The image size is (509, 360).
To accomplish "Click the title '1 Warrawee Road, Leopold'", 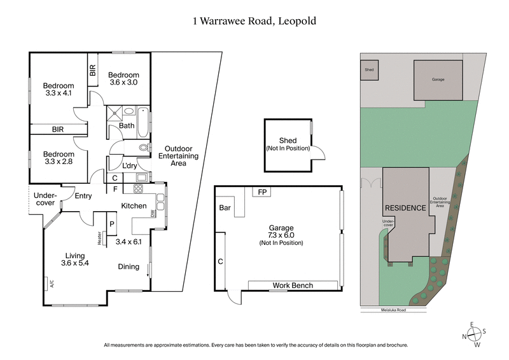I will (x=254, y=21).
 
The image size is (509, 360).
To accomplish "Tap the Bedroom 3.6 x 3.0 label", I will (x=123, y=79).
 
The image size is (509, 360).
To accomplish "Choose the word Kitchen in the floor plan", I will (x=134, y=206).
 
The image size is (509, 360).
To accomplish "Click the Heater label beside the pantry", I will (x=100, y=237).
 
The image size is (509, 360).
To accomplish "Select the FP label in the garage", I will (x=261, y=191).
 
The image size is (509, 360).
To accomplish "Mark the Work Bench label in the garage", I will (x=293, y=286).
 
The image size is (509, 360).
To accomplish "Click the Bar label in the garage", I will (x=225, y=208).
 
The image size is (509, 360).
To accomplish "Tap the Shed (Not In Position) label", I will (x=288, y=144).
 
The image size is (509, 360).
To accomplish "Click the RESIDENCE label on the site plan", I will (x=403, y=208).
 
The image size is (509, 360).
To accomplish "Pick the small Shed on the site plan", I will (x=368, y=71).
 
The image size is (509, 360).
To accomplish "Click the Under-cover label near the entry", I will (x=45, y=199).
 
